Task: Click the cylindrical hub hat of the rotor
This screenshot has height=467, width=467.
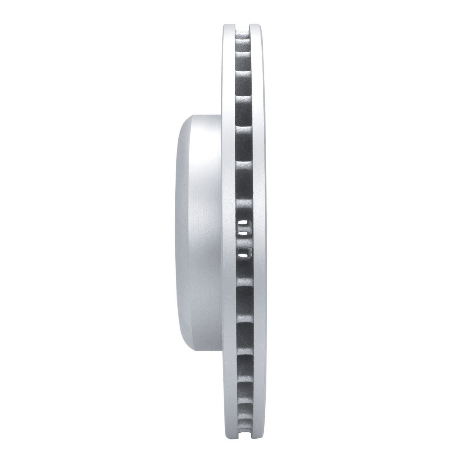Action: click(199, 233)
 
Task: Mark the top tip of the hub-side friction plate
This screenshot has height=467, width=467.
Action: click(229, 25)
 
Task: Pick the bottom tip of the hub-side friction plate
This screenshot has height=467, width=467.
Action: click(229, 442)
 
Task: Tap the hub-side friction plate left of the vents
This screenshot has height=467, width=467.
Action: click(228, 233)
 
